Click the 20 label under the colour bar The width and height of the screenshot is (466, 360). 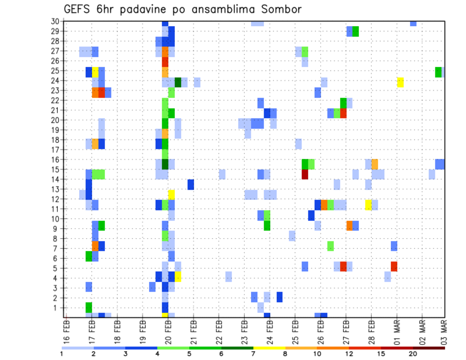(x=413, y=354)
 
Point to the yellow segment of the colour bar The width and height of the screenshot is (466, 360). (x=269, y=347)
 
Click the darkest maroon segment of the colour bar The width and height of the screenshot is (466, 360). (x=429, y=347)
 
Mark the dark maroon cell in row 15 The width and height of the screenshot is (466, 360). (x=305, y=174)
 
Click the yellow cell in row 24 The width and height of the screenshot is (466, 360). (x=400, y=82)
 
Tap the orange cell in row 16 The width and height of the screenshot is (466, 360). (x=375, y=164)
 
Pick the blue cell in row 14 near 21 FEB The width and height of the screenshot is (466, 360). (x=191, y=184)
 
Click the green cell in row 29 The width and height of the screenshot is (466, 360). (x=356, y=32)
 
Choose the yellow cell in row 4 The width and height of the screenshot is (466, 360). (x=178, y=277)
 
